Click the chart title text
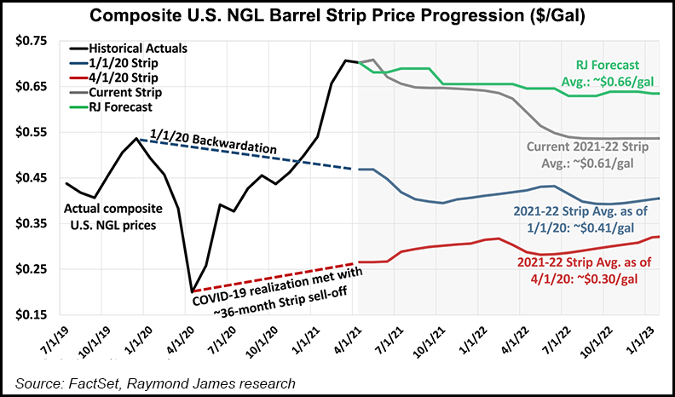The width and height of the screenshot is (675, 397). pyautogui.click(x=337, y=16)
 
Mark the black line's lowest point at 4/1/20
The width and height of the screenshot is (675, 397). pyautogui.click(x=192, y=291)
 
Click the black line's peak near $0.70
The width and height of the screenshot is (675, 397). pyautogui.click(x=347, y=60)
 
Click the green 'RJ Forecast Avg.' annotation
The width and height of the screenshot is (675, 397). pyautogui.click(x=601, y=72)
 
